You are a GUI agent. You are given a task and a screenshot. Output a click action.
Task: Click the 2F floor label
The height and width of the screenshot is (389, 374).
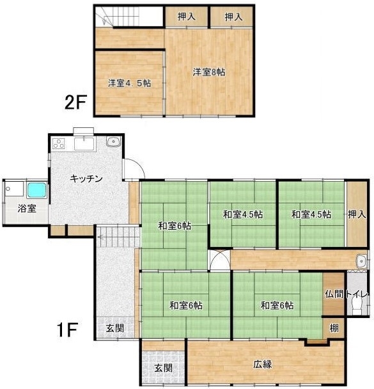[75, 102]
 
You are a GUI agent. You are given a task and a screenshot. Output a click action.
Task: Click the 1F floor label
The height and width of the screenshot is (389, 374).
[67, 329]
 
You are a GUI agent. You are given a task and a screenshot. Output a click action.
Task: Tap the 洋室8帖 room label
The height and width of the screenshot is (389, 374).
[209, 72]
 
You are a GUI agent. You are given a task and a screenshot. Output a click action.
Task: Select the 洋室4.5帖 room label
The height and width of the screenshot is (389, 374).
[129, 83]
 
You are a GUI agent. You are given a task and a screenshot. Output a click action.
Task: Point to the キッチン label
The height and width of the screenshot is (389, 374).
[86, 179]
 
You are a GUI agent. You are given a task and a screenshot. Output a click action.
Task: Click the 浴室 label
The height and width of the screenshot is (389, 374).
[27, 209]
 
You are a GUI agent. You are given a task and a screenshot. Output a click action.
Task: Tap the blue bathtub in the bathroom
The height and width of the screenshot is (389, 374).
[37, 190]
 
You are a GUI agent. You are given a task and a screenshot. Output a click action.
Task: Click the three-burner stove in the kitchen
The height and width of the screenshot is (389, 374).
[59, 143]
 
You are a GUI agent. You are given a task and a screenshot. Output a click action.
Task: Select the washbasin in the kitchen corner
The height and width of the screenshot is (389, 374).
[114, 141]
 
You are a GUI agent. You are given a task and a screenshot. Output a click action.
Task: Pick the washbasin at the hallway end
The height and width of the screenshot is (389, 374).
[361, 261]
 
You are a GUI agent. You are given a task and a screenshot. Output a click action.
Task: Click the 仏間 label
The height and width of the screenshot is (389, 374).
[334, 294]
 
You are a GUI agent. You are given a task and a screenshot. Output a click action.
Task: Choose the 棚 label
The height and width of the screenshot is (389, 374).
[334, 328]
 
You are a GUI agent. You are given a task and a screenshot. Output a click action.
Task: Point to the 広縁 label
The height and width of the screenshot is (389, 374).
[263, 364]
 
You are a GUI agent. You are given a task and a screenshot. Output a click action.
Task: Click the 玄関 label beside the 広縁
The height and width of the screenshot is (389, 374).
[163, 368]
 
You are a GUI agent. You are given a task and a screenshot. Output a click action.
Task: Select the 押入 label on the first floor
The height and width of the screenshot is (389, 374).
[357, 214]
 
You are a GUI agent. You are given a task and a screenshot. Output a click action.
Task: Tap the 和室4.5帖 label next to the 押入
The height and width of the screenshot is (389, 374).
[311, 214]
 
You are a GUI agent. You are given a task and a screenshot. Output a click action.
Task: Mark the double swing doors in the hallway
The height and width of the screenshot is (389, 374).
[219, 260]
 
